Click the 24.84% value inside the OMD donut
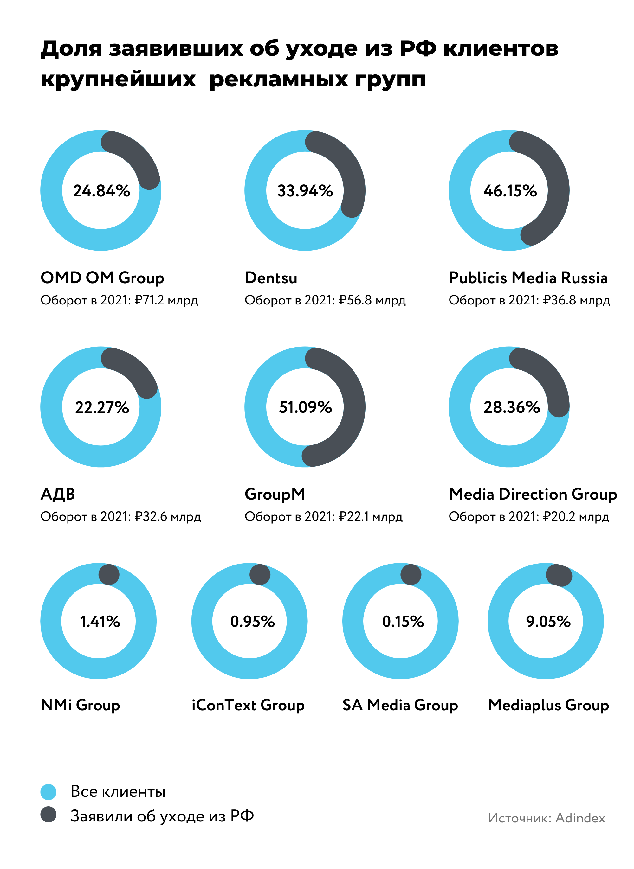(x=102, y=191)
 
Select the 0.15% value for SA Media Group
(x=403, y=621)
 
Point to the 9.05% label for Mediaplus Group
(x=548, y=621)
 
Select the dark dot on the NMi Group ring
(x=109, y=574)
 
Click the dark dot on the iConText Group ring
(x=260, y=574)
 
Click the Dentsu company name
(x=271, y=278)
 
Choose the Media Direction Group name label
(x=533, y=494)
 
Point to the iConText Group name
(x=248, y=705)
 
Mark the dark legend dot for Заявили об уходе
(x=49, y=815)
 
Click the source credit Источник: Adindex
(x=547, y=818)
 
